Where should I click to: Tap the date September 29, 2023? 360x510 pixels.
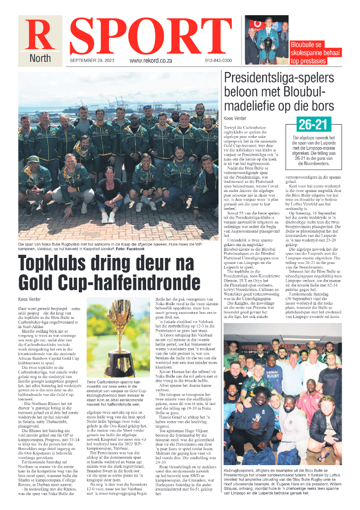click(x=92, y=60)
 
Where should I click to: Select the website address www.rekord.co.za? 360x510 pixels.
click(x=150, y=60)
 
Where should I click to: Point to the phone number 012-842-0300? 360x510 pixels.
click(x=218, y=60)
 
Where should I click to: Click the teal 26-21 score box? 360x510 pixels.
click(x=310, y=124)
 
